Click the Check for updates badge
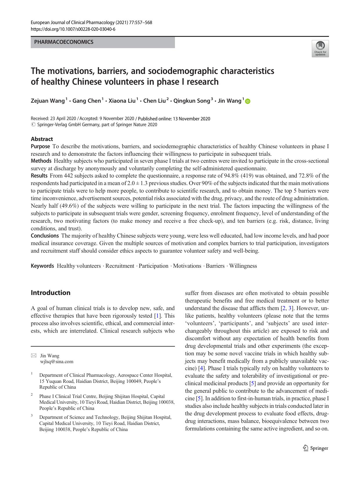pos(320,49)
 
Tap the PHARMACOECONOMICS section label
pos(64,42)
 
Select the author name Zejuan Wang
pos(48,101)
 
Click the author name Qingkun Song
pos(191,101)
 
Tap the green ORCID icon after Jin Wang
pos(248,101)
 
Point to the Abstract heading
pos(42,139)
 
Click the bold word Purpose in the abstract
pos(40,146)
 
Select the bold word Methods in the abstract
pos(41,161)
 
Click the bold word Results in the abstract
pos(39,175)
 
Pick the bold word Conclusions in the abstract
pos(45,236)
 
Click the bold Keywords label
pos(42,266)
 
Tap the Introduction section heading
pos(50,293)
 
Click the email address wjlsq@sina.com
pos(57,362)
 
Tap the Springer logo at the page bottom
pos(316,448)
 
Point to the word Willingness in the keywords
pos(243,266)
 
